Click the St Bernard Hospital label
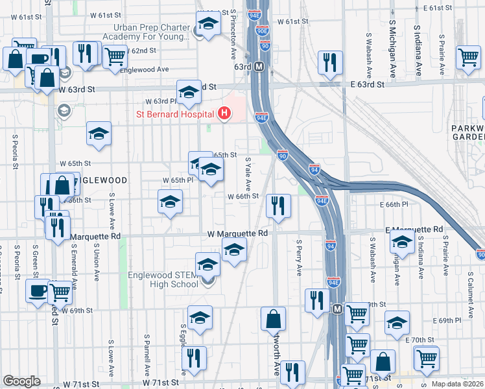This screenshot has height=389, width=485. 174,114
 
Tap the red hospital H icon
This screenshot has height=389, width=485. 224,114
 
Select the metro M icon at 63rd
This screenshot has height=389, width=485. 259,66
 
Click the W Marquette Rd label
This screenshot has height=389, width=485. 237,233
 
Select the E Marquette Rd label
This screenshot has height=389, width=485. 414,230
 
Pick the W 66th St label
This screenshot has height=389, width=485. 242,196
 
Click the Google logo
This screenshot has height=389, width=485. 21,381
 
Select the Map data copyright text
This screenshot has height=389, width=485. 457,384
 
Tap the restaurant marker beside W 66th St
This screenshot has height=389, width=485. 278,207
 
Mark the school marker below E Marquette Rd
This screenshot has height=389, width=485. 402,243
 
